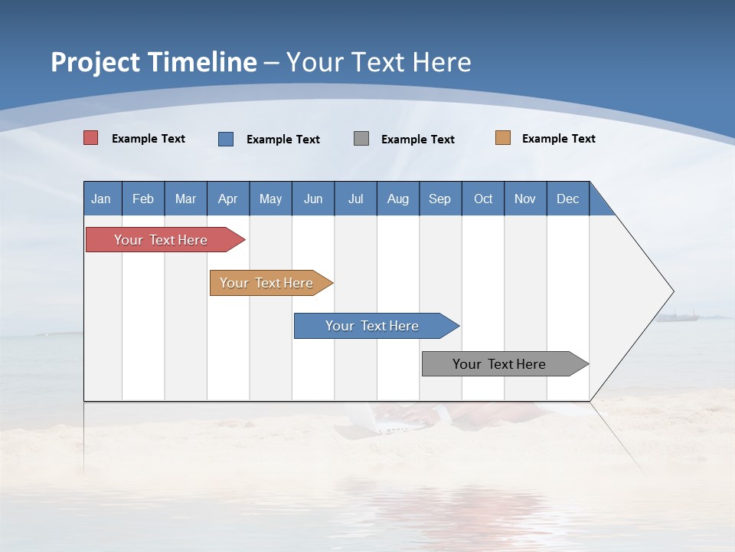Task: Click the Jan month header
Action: [x=101, y=199]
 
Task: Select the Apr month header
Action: [x=227, y=199]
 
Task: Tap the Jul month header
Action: [x=355, y=199]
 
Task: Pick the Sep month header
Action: [x=439, y=199]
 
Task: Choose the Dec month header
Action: [x=567, y=199]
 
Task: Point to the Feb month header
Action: [x=143, y=199]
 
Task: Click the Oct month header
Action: [x=483, y=199]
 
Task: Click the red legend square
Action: [x=91, y=138]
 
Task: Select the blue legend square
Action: [x=226, y=139]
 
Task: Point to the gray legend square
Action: [x=361, y=139]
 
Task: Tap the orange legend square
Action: [x=503, y=138]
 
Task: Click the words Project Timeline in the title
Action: [x=154, y=62]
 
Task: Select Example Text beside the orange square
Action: [x=558, y=139]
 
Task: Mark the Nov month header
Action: [x=525, y=199]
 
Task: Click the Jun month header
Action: [x=313, y=199]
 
